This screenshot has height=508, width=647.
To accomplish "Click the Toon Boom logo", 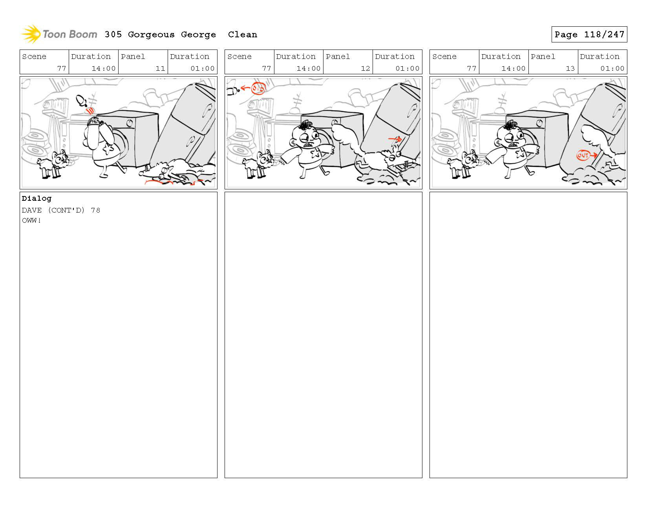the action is point(59,34).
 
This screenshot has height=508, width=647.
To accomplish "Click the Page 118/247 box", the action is point(589,34).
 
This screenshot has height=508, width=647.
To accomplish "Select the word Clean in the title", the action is point(242,35).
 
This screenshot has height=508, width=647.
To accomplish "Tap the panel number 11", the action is point(160,68).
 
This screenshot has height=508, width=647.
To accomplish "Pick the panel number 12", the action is point(365,68).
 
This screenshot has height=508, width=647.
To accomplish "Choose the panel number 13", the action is point(570,68).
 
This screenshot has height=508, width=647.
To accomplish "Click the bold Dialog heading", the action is point(37,198).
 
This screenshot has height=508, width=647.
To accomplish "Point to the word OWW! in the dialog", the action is point(31,220).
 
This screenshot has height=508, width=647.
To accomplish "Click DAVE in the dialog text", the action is point(31,210).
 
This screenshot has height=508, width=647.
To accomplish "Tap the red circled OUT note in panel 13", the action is point(583,155).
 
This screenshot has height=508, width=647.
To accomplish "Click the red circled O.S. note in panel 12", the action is point(258,88).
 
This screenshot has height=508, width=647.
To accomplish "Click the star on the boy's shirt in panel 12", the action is point(315,154).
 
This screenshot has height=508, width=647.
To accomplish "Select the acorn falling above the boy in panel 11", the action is point(81,101).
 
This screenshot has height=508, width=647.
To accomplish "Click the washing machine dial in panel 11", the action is point(130,123).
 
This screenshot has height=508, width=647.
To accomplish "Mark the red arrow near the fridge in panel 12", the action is point(395,139).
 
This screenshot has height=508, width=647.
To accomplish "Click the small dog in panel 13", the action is point(464,164).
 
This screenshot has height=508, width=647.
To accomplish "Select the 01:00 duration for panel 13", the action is point(612,68).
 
